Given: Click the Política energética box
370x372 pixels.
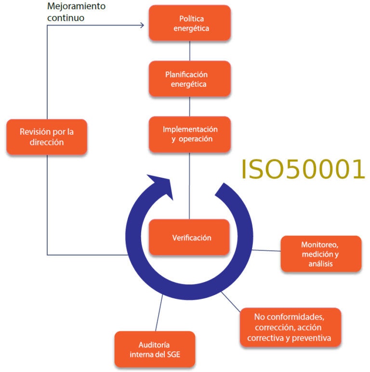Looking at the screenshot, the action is point(190,23).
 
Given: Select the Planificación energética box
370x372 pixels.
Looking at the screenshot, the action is point(190,78).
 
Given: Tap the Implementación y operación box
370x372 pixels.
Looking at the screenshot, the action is point(190,134).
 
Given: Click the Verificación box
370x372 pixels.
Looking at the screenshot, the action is point(189,237).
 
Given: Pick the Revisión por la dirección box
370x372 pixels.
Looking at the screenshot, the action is point(47,137).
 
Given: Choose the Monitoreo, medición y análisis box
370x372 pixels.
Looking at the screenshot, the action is point(321,254).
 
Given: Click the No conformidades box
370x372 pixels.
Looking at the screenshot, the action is point(291,327).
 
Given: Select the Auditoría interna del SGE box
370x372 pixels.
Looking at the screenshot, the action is point(155,349).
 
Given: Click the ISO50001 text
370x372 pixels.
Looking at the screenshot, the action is point(303,169).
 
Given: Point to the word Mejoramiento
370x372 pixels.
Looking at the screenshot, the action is point(76,6).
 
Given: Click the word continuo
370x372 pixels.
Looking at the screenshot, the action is point(66,18).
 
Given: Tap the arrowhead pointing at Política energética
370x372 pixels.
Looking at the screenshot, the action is point(142,25).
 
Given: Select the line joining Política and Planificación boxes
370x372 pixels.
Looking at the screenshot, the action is point(190,51).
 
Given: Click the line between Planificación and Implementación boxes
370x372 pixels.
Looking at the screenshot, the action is point(189,106).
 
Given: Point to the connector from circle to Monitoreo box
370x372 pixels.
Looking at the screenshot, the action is point(266,251).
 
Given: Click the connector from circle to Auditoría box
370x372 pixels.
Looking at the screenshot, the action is point(159,313).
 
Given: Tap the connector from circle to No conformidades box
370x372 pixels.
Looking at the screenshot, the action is point(231,302).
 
